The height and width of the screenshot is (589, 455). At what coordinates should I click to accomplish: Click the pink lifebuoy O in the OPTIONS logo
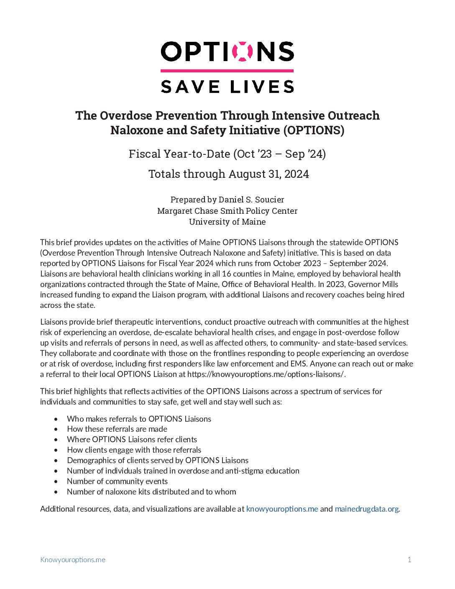(x=243, y=51)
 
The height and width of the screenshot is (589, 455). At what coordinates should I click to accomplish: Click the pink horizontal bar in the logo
(x=227, y=71)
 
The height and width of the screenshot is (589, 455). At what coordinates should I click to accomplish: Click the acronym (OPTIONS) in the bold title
(x=314, y=130)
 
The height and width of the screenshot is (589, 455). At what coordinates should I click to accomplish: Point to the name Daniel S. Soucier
(x=251, y=200)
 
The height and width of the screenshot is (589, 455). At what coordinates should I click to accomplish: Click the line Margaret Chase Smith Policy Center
(x=227, y=211)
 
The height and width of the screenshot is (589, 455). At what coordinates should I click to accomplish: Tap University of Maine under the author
(x=227, y=222)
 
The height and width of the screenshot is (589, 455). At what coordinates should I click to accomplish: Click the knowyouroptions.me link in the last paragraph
(x=282, y=509)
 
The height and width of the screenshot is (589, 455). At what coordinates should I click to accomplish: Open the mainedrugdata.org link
(x=366, y=509)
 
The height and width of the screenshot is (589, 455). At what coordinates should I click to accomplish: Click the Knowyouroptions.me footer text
(x=73, y=560)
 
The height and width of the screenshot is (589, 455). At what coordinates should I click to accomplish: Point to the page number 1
(x=409, y=560)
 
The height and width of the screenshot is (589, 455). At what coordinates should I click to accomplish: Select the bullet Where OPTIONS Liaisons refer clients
(x=132, y=439)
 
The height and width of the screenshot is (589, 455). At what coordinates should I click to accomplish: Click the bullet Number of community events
(x=117, y=481)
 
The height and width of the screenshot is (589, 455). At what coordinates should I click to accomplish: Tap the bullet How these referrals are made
(x=117, y=429)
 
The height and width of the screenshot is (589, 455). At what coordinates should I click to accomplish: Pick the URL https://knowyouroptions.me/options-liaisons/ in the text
(x=266, y=374)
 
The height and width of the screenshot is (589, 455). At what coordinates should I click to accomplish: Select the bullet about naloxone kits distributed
(x=151, y=492)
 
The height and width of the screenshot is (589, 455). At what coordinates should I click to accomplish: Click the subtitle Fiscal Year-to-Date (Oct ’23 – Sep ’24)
(x=227, y=154)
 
